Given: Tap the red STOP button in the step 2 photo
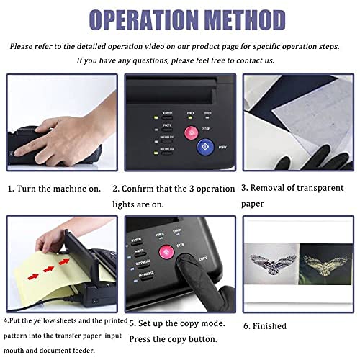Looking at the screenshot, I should [191, 132].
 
